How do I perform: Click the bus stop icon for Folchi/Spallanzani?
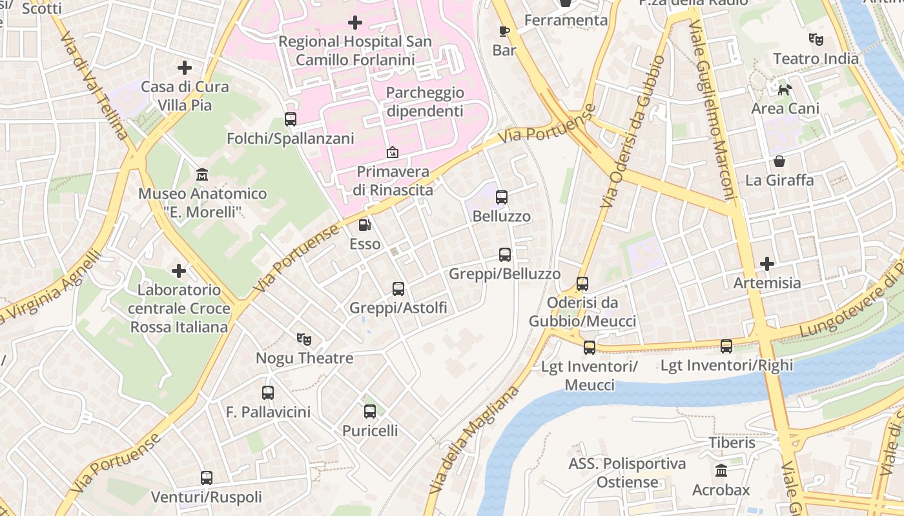(x=291, y=119)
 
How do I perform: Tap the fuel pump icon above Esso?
(x=365, y=225)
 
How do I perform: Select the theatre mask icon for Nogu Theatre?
(x=304, y=339)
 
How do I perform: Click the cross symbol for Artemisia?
(x=767, y=264)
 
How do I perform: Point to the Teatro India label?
(x=816, y=59)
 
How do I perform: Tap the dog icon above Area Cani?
(x=785, y=90)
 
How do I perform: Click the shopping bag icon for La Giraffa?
(x=779, y=161)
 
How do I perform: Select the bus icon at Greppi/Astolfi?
(x=398, y=289)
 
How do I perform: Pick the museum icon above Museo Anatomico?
(x=202, y=174)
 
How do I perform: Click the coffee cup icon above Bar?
(x=504, y=31)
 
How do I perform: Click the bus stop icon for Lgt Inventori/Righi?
(x=726, y=346)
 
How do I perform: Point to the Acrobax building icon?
(x=721, y=471)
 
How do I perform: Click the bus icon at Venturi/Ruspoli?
(x=207, y=478)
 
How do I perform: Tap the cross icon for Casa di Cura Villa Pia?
(x=185, y=67)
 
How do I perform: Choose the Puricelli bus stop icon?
(x=370, y=412)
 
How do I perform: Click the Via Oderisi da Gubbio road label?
(x=633, y=132)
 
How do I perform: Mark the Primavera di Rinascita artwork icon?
(x=392, y=152)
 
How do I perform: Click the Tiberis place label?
(x=732, y=443)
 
